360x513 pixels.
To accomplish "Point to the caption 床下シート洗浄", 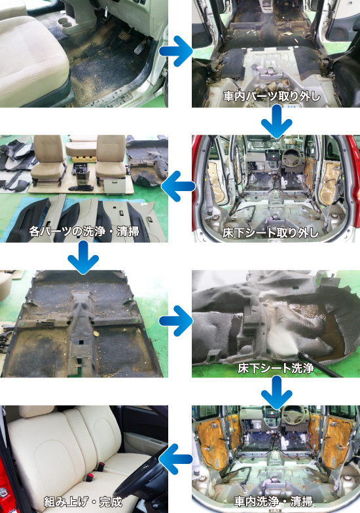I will click(x=276, y=368).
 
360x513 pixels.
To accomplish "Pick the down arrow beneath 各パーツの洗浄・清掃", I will click(x=83, y=256).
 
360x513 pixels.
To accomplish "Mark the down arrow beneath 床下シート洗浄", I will click(x=276, y=391).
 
